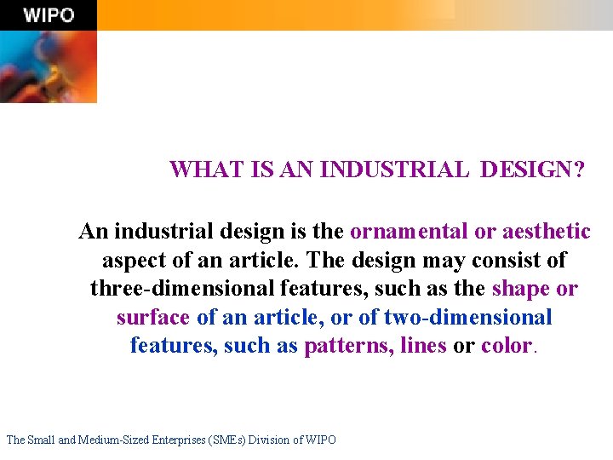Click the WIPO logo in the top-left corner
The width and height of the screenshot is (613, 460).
(49, 15)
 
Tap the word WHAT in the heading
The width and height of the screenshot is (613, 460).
(196, 170)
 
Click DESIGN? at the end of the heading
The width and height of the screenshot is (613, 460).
(532, 170)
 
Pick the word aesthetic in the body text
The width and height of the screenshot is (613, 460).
(547, 231)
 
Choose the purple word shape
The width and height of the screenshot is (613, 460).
(521, 289)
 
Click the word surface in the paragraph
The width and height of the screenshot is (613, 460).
(152, 318)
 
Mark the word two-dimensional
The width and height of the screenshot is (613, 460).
(467, 318)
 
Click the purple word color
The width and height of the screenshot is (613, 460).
(506, 347)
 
